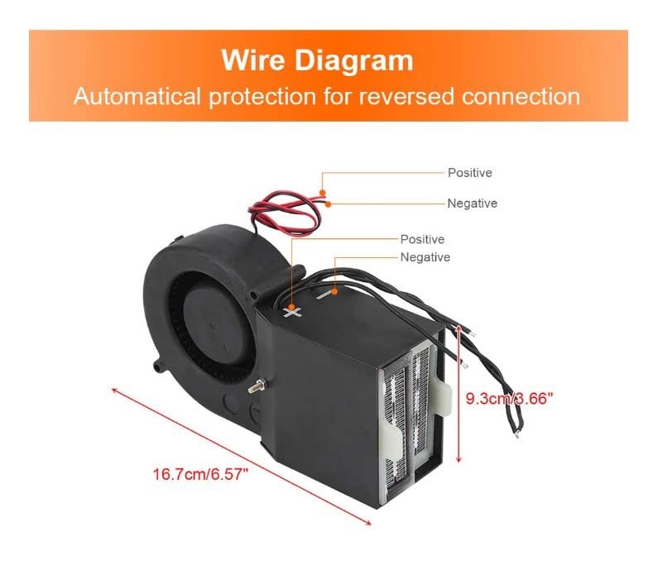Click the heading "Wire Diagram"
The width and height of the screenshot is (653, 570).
(x=317, y=60)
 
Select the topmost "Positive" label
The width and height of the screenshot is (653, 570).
(x=469, y=173)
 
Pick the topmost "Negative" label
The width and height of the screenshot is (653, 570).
(x=472, y=203)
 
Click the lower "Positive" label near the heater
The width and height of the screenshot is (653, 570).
(x=422, y=239)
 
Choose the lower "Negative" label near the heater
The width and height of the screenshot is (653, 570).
(x=425, y=257)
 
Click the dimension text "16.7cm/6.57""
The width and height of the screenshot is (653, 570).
(x=199, y=474)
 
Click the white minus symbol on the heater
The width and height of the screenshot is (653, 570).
(x=331, y=290)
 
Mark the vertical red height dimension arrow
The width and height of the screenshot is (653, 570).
(x=459, y=395)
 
